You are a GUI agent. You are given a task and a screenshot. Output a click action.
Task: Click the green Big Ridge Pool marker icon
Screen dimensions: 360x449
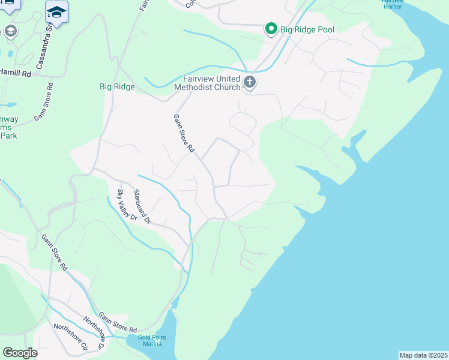[x=271, y=29]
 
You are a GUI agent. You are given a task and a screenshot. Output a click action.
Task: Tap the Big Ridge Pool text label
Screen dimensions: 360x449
[x=309, y=29]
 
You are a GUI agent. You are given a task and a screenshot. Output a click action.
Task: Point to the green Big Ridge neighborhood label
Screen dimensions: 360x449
[x=117, y=86]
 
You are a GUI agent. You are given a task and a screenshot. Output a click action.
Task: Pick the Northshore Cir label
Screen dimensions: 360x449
[x=70, y=338]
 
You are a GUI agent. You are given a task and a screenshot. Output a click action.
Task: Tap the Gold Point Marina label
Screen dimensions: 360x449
[x=151, y=340]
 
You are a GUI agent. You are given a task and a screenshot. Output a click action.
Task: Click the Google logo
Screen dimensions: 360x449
[x=20, y=353]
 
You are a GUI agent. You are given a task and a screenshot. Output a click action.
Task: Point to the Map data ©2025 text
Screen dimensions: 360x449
[x=423, y=355]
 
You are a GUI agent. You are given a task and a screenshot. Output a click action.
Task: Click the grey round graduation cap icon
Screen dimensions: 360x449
[x=10, y=31]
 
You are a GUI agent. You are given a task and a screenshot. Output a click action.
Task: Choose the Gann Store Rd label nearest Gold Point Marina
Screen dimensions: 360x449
[x=118, y=323]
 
